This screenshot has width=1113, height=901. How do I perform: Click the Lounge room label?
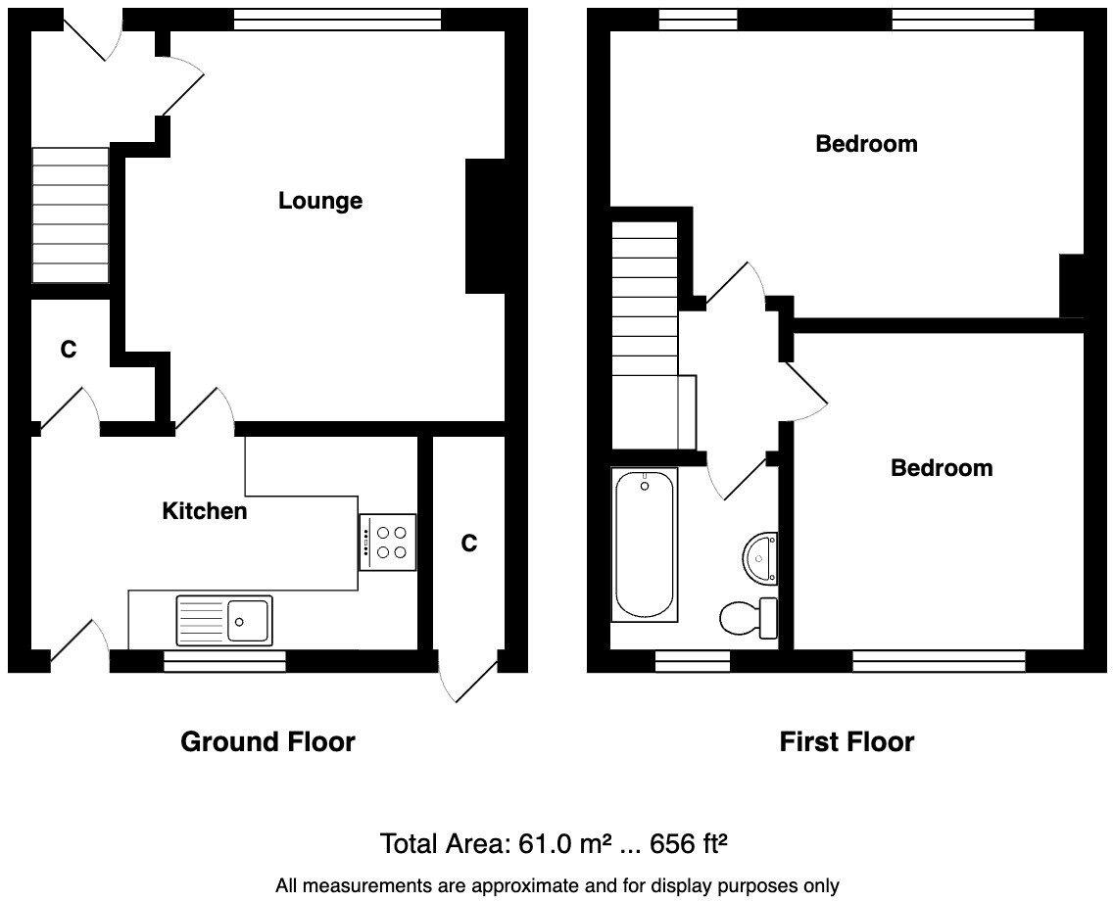pos(320,201)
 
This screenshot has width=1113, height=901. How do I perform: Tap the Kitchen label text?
pos(204,510)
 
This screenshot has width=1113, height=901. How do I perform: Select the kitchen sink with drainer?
pos(224,619)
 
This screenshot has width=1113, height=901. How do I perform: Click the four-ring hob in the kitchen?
pos(388,542)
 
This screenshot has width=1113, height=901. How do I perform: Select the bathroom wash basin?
pos(759,557)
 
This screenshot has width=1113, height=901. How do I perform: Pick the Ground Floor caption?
pos(267,742)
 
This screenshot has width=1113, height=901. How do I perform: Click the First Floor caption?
pos(847,742)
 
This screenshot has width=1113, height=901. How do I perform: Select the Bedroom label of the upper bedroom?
pos(866,144)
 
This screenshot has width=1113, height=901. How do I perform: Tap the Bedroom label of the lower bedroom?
pos(941,468)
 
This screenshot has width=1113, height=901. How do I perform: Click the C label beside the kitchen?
pos(469,544)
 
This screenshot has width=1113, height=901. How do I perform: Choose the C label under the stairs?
pos(68,350)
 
